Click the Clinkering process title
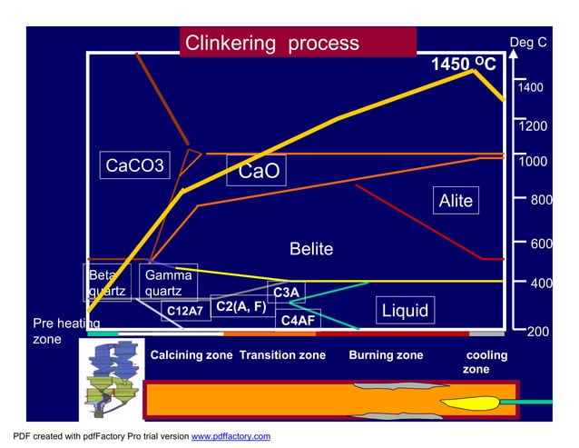click(272, 43)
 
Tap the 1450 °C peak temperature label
click(463, 65)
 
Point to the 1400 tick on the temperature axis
click(530, 88)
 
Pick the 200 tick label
click(538, 332)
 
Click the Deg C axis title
click(528, 42)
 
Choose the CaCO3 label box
click(135, 165)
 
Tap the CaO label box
click(259, 171)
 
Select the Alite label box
click(456, 201)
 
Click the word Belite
click(311, 249)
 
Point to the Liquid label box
click(404, 311)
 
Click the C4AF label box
click(297, 320)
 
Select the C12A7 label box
click(183, 311)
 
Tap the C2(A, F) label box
click(241, 306)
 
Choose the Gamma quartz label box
click(168, 283)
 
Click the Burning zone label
click(386, 355)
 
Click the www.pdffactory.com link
click(231, 437)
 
